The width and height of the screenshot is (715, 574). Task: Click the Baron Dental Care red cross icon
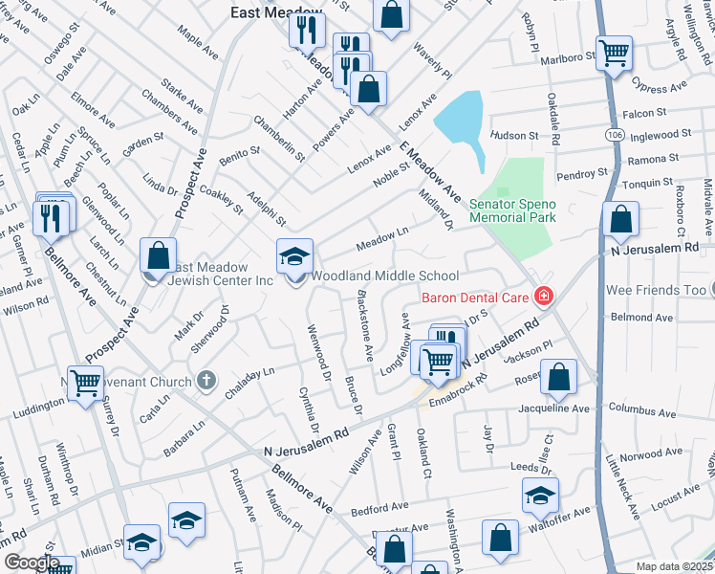click(543, 298)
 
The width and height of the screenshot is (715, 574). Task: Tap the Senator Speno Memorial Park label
click(512, 210)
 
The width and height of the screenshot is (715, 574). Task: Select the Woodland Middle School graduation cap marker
click(294, 256)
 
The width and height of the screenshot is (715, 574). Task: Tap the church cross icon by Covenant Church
click(205, 382)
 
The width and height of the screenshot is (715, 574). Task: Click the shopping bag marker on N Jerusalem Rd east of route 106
click(621, 221)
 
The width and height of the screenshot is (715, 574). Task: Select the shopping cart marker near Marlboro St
click(614, 54)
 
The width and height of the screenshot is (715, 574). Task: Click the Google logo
click(32, 563)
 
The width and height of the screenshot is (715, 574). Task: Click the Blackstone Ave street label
click(363, 325)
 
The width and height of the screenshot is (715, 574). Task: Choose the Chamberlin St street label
click(279, 138)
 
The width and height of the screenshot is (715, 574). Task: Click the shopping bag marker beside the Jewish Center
click(158, 255)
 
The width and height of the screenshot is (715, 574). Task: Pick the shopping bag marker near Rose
click(558, 379)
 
